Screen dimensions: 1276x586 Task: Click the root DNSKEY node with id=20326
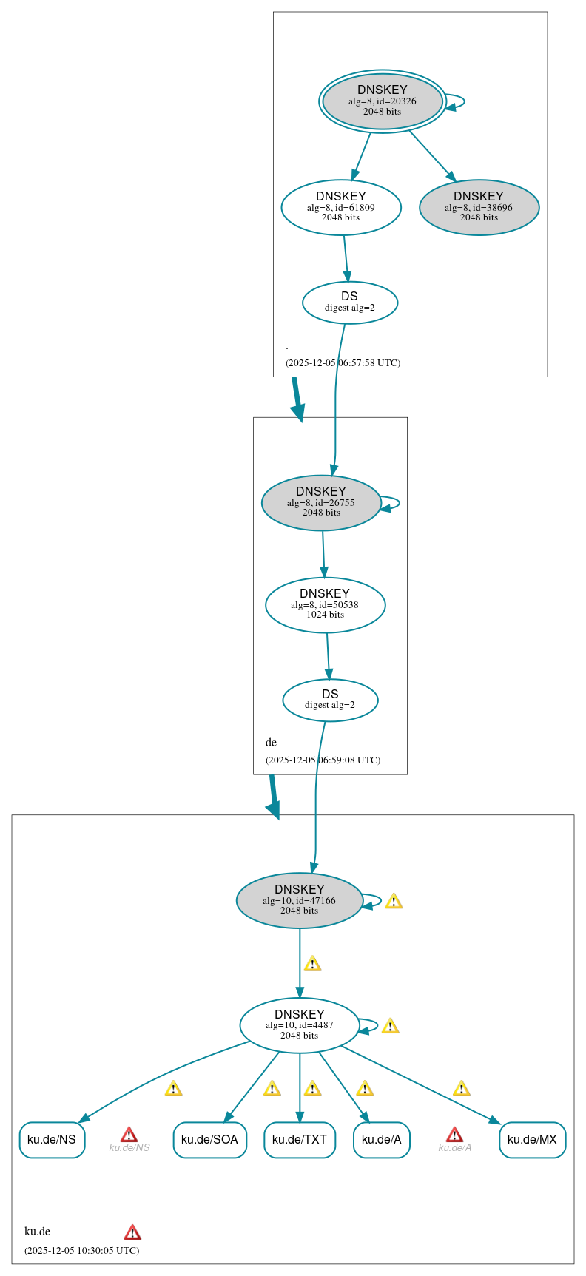(x=382, y=101)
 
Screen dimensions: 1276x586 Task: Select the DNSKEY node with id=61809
(x=341, y=208)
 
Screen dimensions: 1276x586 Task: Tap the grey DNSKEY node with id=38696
(x=479, y=208)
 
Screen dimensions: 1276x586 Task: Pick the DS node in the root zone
(x=350, y=303)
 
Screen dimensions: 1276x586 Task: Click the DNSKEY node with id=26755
(x=321, y=503)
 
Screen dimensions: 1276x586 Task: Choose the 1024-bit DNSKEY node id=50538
(x=325, y=605)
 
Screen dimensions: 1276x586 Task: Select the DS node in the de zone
(x=330, y=700)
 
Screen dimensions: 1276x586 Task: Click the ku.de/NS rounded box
(x=52, y=1140)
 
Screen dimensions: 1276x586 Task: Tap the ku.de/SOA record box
(x=209, y=1140)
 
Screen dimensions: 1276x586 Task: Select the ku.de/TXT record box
(x=300, y=1140)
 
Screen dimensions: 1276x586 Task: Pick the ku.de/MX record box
(x=532, y=1140)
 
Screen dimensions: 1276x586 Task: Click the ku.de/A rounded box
(x=381, y=1140)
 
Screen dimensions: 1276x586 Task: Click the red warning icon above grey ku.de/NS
(x=129, y=1135)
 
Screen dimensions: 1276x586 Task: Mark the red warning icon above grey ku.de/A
(x=454, y=1135)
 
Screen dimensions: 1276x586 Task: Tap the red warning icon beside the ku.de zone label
(x=132, y=1232)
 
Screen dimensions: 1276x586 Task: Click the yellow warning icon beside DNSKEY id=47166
(x=394, y=901)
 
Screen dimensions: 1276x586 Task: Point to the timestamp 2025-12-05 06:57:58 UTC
(x=343, y=363)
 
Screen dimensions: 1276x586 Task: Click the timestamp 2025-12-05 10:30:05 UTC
(x=81, y=1251)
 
